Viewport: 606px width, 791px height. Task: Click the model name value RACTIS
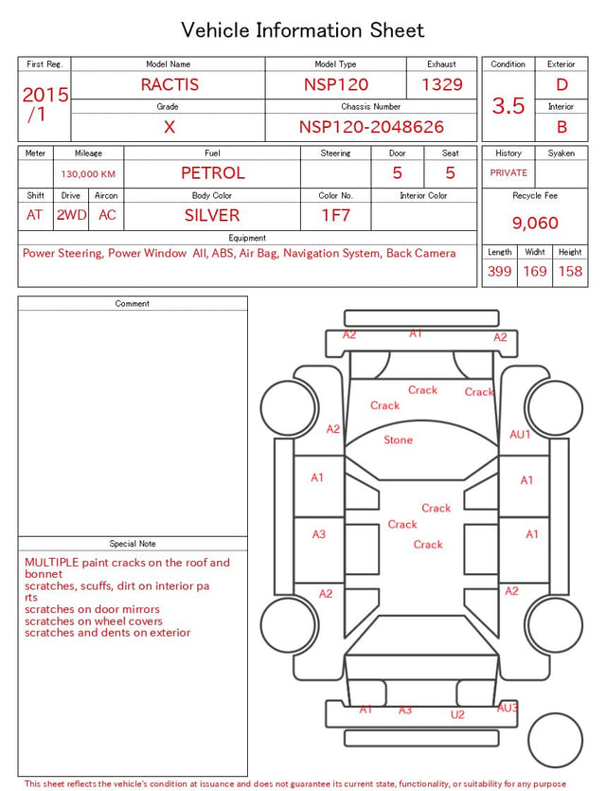[169, 84]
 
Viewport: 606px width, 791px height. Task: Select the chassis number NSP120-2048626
[371, 127]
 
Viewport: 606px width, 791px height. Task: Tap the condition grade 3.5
[508, 106]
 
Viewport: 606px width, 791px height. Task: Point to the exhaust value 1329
[442, 84]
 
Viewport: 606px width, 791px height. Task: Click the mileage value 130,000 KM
[88, 174]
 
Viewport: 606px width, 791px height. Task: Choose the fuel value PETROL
[213, 173]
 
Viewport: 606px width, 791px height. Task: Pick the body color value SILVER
[212, 215]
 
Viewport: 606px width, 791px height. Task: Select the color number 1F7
[336, 215]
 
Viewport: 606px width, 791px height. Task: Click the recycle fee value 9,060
[535, 223]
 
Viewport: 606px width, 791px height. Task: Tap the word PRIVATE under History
[508, 172]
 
